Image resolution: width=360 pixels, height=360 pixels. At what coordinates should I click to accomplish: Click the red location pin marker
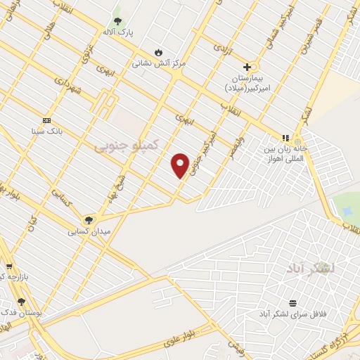180,165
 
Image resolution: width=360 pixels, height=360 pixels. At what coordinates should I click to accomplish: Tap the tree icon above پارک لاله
117,22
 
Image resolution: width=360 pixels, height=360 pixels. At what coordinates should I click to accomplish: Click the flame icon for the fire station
159,52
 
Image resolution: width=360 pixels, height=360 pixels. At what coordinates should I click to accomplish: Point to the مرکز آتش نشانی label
159,63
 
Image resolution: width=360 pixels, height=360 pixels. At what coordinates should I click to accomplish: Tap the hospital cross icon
247,67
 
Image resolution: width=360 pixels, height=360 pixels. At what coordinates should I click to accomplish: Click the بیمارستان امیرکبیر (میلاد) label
247,82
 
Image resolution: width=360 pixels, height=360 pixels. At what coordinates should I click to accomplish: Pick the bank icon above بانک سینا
47,120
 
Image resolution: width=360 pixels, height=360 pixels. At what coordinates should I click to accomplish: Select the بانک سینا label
47,131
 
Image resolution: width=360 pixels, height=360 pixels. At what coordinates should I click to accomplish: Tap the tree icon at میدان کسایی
89,220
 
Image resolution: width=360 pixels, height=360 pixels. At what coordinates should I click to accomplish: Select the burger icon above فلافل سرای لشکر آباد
292,303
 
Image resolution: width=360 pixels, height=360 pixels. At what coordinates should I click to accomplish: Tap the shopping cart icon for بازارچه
8,266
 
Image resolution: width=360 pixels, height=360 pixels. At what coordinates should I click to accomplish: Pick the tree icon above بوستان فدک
22,301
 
